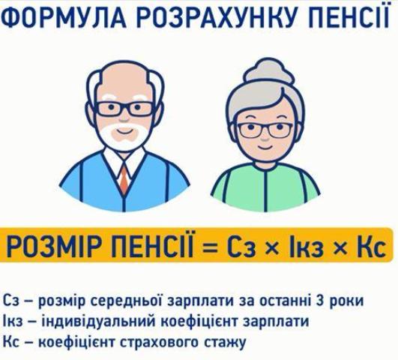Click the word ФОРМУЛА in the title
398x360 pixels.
pos(65,16)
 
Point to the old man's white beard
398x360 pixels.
pos(124,136)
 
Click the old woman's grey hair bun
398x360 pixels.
pos(269,73)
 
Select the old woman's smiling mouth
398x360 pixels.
pos(265,147)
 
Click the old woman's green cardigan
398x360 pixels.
pos(265,188)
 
